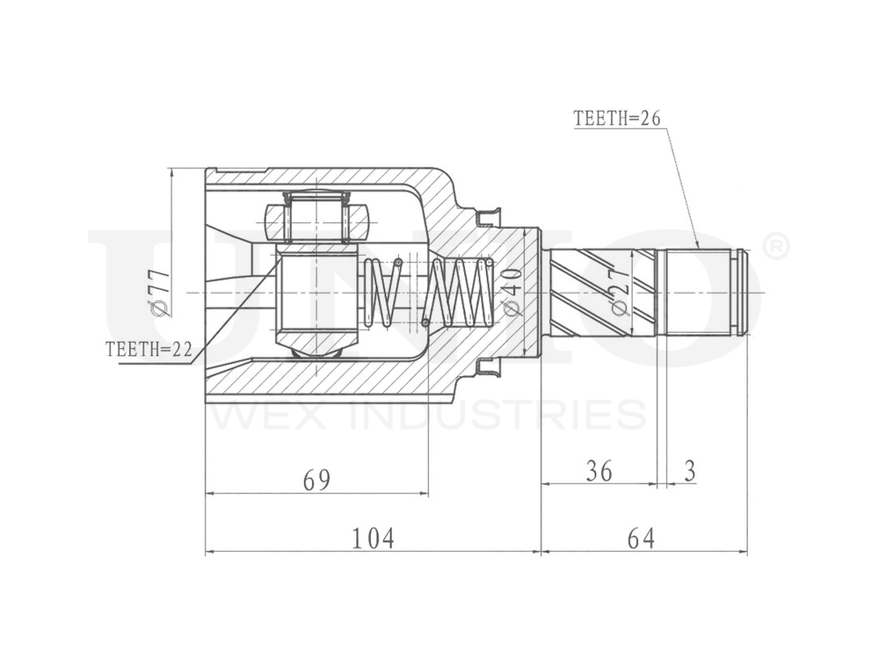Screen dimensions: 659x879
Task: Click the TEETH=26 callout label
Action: point(616,119)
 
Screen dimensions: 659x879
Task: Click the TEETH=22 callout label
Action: point(148,348)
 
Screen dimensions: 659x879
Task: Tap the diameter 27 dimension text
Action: point(620,292)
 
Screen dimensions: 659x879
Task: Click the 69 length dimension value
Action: point(316,480)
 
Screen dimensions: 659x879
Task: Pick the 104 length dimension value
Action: point(374,538)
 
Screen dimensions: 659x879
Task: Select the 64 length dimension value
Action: point(642,538)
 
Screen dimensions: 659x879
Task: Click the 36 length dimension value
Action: point(599,471)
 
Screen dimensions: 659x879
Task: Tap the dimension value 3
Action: point(690,471)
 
